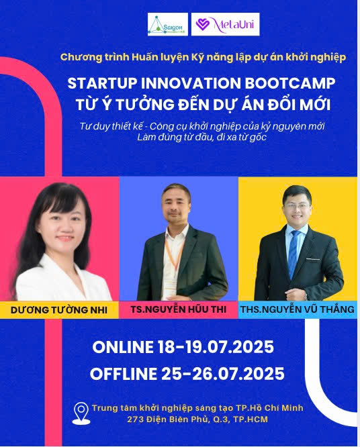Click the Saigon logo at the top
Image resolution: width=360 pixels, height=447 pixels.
[167, 24]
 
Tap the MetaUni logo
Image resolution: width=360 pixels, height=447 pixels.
[225, 24]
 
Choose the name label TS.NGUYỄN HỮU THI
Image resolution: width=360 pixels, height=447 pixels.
[179, 309]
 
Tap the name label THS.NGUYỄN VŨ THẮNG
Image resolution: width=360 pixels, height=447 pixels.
[298, 309]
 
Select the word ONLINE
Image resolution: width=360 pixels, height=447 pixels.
[124, 348]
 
